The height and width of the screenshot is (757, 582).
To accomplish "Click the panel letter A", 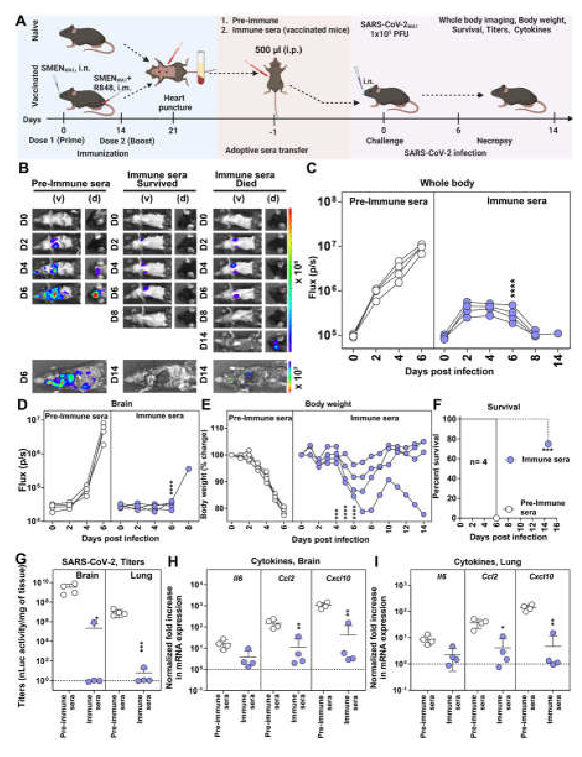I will (x=21, y=21).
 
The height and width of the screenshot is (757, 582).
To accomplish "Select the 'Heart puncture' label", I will (x=175, y=103).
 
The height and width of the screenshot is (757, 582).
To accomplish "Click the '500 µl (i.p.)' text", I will (x=278, y=50).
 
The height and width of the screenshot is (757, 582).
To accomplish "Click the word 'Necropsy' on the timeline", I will (x=494, y=141).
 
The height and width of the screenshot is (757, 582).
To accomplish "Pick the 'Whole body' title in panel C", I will (x=447, y=183).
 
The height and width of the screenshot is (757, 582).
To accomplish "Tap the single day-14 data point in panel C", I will (x=558, y=334).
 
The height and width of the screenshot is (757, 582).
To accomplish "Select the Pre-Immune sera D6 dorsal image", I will (x=95, y=293).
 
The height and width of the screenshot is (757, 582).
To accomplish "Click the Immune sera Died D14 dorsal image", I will (x=276, y=341).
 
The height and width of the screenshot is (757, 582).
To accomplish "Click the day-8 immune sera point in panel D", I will (x=189, y=469).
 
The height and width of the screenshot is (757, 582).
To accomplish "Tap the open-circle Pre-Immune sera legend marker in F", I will (x=508, y=509).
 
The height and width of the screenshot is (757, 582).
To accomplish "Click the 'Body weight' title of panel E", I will (x=328, y=404).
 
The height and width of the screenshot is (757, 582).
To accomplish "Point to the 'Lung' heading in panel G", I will (x=141, y=575).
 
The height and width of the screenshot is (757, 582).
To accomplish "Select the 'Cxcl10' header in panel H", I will (x=338, y=578).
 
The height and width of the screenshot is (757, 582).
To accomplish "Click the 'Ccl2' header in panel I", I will (x=489, y=577).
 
